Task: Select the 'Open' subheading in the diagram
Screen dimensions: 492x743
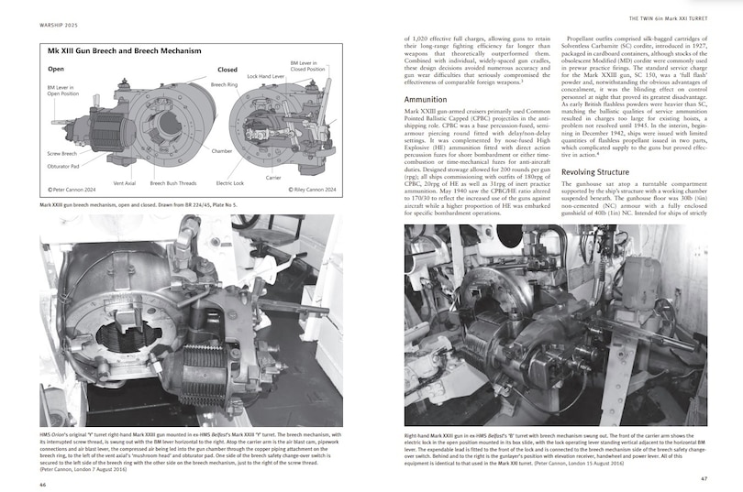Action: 57,69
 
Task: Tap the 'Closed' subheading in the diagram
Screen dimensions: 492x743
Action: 227,69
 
